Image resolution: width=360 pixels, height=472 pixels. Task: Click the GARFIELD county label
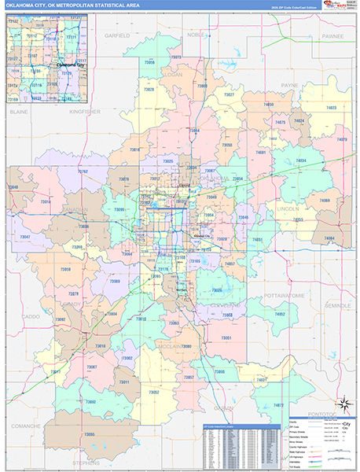pyautogui.click(x=116, y=36)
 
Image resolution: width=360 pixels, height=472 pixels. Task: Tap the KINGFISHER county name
pyautogui.click(x=85, y=112)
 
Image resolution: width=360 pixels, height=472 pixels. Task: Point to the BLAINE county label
pyautogui.click(x=18, y=112)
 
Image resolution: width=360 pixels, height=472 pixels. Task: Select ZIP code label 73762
pyautogui.click(x=83, y=171)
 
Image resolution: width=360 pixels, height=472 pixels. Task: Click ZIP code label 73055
pyautogui.click(x=226, y=146)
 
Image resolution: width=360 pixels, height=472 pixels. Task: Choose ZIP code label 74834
pyautogui.click(x=299, y=161)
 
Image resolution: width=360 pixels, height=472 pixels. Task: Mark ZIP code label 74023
pyautogui.click(x=330, y=108)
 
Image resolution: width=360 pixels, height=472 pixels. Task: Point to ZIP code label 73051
pyautogui.click(x=226, y=337)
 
